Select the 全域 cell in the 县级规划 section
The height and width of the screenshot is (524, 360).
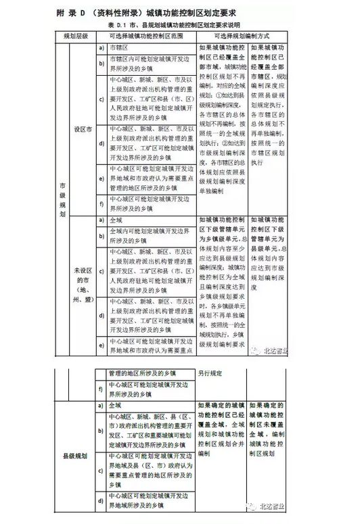click(x=116, y=406)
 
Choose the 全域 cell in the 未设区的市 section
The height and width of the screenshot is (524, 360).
click(x=116, y=220)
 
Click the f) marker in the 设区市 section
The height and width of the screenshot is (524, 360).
click(x=101, y=203)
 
